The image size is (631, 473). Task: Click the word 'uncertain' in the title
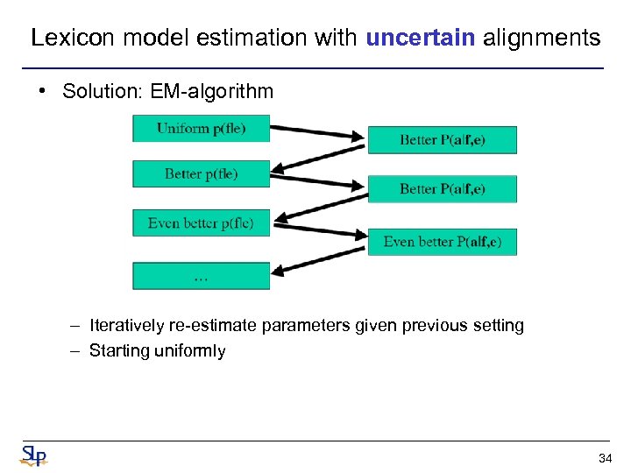[420, 38]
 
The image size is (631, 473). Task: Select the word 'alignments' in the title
[542, 38]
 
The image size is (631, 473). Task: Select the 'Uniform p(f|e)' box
[202, 129]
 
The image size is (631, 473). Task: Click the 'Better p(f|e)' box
[202, 173]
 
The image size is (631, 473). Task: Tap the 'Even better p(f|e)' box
[202, 222]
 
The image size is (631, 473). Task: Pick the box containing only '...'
[202, 276]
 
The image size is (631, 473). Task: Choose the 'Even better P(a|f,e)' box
[442, 242]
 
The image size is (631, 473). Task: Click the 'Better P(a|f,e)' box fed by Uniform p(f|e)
[442, 140]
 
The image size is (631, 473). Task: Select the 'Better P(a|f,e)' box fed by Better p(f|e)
[442, 189]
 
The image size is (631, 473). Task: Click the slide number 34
[604, 458]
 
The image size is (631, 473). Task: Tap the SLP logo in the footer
[33, 455]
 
